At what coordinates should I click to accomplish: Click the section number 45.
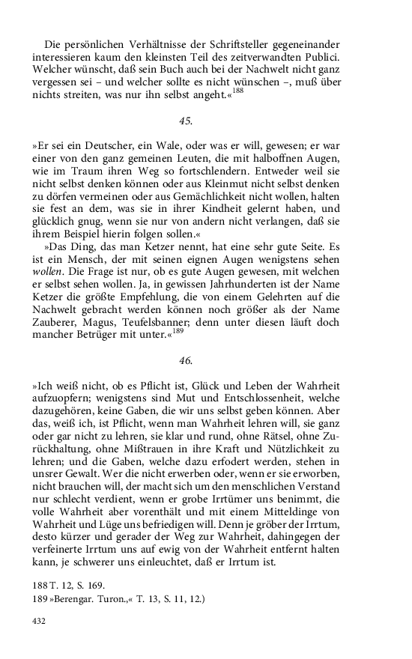pos(186,121)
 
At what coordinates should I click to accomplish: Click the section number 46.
pos(186,360)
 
